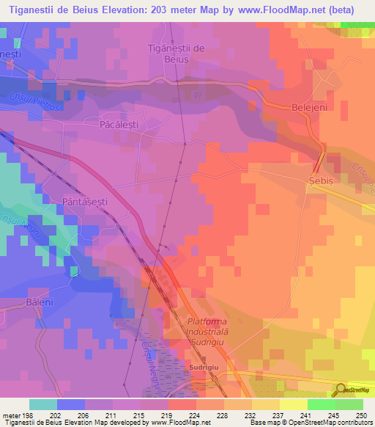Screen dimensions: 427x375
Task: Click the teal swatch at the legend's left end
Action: [42, 404]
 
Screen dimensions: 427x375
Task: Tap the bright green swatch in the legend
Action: [321, 404]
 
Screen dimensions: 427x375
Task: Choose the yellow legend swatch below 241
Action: [293, 404]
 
